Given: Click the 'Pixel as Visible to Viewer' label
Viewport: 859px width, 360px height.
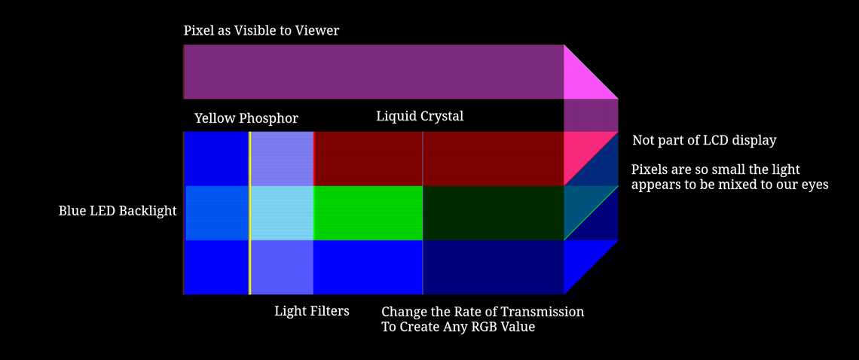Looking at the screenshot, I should (x=261, y=31).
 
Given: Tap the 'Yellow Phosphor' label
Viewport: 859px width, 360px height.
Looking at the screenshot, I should (x=246, y=118).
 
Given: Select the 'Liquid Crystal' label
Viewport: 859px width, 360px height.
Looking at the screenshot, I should (x=420, y=116).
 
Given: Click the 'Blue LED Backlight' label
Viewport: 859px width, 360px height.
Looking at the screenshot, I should (x=118, y=211).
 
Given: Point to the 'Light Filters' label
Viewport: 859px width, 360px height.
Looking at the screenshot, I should (x=312, y=310).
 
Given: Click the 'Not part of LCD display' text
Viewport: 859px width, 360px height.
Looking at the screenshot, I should (x=704, y=140).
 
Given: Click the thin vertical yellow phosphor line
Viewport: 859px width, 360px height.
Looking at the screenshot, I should (x=249, y=213).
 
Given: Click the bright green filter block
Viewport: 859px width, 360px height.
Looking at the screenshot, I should (x=368, y=213).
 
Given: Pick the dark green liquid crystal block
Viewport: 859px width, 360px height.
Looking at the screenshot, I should (x=493, y=213).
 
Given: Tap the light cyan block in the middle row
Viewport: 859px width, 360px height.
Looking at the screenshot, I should (x=282, y=213).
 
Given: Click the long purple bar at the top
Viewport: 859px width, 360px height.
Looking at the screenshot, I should (x=374, y=72).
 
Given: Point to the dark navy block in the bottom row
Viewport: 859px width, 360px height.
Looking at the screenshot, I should (x=493, y=267).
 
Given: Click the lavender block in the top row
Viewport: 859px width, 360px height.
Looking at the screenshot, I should (x=282, y=158).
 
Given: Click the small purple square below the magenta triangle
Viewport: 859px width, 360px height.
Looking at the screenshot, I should (x=591, y=114).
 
